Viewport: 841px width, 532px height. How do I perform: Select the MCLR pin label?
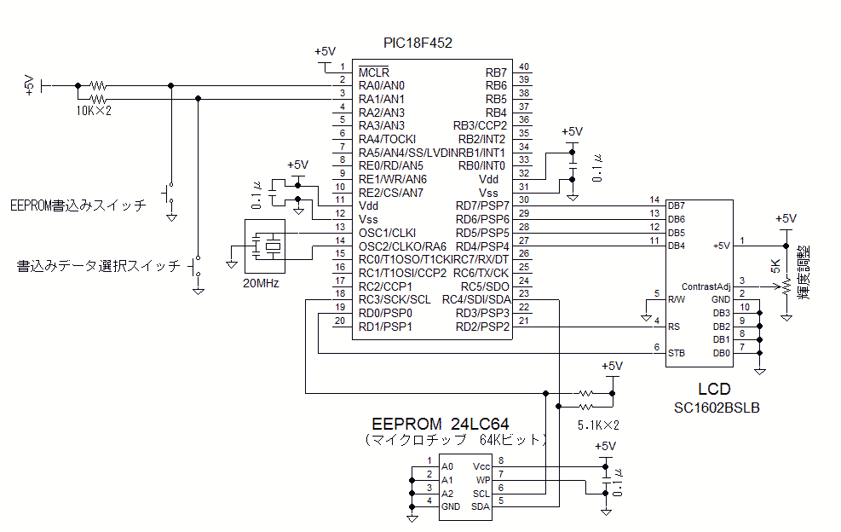[x=373, y=72]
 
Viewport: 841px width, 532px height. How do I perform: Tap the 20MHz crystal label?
[x=262, y=283]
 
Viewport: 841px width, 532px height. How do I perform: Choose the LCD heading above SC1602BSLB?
[x=713, y=390]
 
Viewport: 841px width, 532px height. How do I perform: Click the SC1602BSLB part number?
[x=716, y=408]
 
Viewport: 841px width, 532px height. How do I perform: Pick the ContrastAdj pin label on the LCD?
[x=706, y=286]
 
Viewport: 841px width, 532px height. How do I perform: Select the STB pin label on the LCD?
[x=676, y=353]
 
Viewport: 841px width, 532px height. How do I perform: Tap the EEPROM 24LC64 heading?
[x=441, y=424]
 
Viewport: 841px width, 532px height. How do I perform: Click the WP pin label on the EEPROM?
[x=483, y=480]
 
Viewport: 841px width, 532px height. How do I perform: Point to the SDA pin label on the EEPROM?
[x=481, y=506]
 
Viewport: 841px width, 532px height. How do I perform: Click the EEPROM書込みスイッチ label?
[x=78, y=205]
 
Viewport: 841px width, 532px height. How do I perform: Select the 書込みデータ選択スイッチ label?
[x=99, y=266]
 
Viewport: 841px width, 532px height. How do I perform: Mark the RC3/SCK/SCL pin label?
[x=395, y=299]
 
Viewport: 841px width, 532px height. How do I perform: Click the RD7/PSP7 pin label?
[x=482, y=205]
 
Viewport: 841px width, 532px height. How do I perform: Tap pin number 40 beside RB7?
[x=523, y=67]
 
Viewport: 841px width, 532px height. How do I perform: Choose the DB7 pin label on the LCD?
[x=676, y=205]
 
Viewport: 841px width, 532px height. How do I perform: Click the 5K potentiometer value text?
[x=775, y=264]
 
